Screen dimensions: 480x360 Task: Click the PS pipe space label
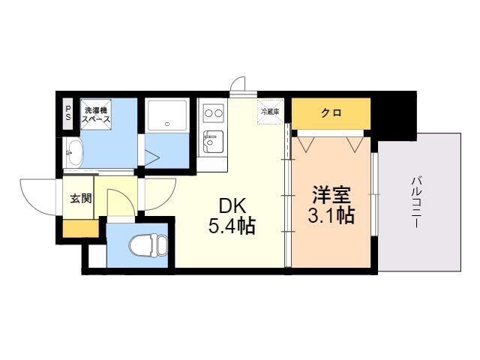(68, 113)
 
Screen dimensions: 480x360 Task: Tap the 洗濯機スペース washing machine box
(95, 114)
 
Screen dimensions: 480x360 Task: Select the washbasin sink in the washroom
(74, 152)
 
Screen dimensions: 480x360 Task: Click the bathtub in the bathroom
(167, 115)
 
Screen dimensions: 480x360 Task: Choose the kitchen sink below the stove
(213, 142)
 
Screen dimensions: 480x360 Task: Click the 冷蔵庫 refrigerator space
(270, 112)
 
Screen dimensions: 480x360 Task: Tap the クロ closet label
(331, 113)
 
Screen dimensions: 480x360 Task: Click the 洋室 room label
(331, 195)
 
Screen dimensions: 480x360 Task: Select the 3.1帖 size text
(331, 215)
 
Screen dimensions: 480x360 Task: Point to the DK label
(232, 206)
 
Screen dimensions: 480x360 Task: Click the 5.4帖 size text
(232, 226)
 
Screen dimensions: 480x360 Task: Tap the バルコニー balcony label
(416, 202)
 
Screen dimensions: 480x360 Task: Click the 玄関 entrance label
(81, 198)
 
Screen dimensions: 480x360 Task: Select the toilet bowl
(148, 245)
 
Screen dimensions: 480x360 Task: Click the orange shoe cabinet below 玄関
(81, 228)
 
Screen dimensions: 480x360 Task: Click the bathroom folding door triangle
(152, 157)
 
